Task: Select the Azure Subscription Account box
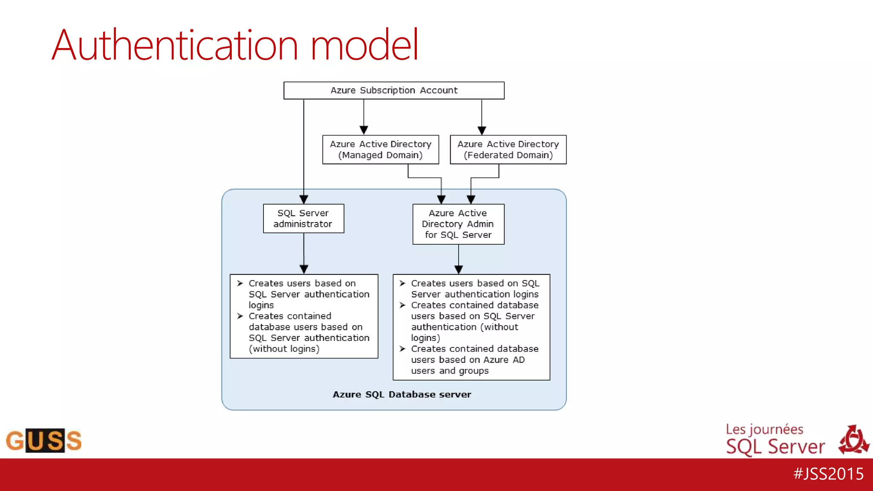click(x=394, y=90)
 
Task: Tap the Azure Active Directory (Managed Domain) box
click(x=381, y=150)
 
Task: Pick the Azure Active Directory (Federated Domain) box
click(x=508, y=150)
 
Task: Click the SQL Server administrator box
click(x=304, y=218)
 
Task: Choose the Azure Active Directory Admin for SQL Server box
click(x=458, y=224)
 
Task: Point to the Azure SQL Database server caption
click(x=402, y=395)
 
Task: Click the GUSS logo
click(x=43, y=440)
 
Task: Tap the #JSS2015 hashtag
click(x=828, y=474)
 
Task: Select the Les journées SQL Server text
click(x=775, y=440)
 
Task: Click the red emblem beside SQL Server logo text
click(x=853, y=439)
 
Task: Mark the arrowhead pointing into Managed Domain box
click(x=364, y=130)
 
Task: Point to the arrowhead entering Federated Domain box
click(x=482, y=130)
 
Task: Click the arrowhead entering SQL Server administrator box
click(x=304, y=199)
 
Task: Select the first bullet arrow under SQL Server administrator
click(x=240, y=283)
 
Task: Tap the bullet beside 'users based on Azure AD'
click(x=402, y=349)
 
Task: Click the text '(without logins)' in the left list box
click(x=284, y=349)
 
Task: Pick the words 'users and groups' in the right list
click(x=450, y=371)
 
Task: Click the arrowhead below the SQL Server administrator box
click(x=304, y=269)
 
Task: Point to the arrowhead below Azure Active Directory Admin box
click(x=459, y=269)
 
